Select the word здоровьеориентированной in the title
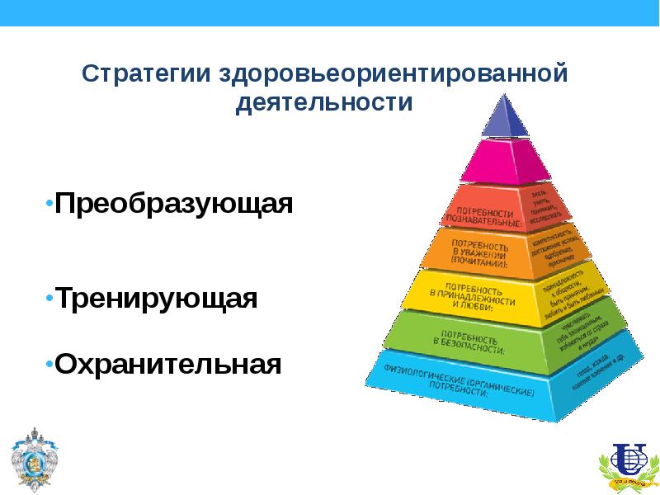tap(393, 73)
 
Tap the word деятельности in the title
tap(323, 104)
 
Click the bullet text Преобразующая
tap(174, 203)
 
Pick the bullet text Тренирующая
tap(157, 298)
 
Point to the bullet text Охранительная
tap(168, 363)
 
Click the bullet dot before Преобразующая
tap(49, 202)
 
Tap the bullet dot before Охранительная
tap(49, 362)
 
